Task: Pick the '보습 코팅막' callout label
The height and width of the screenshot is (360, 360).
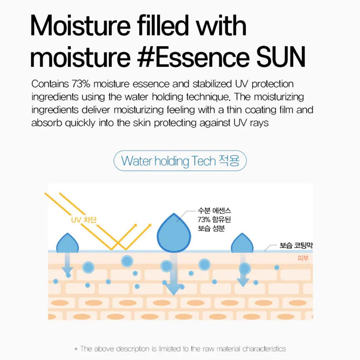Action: (x=296, y=246)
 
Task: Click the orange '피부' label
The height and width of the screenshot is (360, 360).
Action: (x=303, y=258)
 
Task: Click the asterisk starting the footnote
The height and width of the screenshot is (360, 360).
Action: (x=76, y=349)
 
